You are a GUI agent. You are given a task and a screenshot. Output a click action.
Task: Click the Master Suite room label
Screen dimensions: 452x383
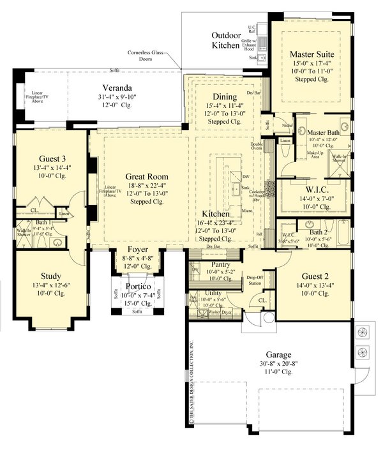point(312,54)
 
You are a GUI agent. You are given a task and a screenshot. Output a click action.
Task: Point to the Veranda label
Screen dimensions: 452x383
point(119,88)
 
